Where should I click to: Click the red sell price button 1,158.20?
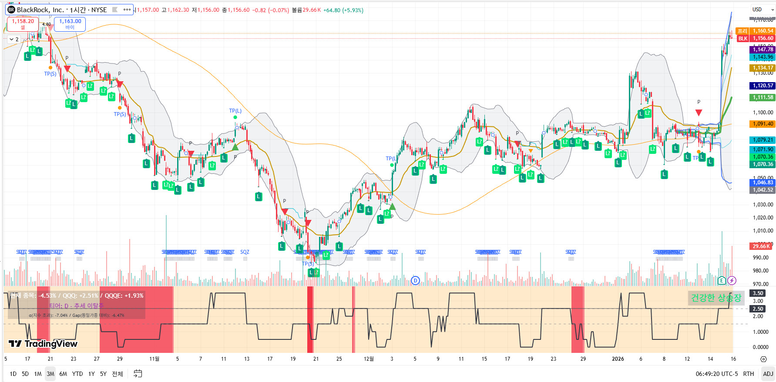pos(23,24)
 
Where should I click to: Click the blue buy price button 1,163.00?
pos(70,24)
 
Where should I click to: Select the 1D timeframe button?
pos(13,374)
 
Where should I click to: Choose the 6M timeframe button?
pos(63,374)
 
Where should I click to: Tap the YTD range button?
pos(77,374)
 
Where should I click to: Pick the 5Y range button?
pos(103,374)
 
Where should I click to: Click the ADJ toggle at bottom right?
pos(768,374)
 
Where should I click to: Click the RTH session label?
pos(749,374)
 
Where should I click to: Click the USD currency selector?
pos(760,10)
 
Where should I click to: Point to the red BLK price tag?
pos(743,39)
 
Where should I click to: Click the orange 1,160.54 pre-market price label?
pos(763,31)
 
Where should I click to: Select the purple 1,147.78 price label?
pos(763,50)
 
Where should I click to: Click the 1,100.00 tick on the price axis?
pos(763,113)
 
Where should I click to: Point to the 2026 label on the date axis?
pos(618,359)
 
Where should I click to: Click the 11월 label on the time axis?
pos(154,359)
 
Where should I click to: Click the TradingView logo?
pos(43,344)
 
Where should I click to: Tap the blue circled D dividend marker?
pos(416,280)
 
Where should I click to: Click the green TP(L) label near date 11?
pos(235,111)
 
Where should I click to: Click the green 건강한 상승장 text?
pos(716,298)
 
